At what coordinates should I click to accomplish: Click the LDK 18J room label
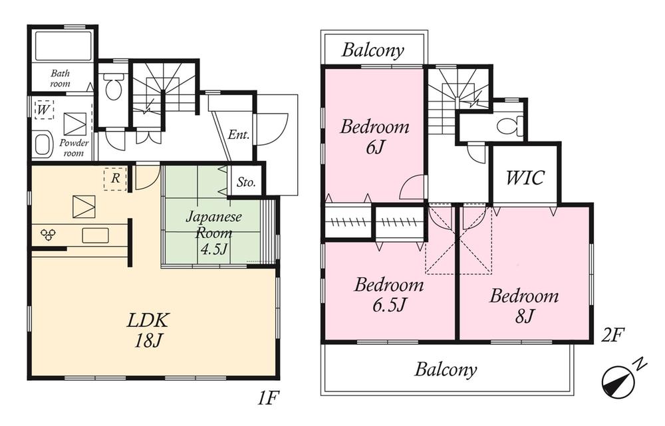pos(149,330)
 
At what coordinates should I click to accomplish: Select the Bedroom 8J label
pos(523,306)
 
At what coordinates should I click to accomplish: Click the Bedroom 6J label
pos(374,136)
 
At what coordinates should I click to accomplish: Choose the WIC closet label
pos(525,178)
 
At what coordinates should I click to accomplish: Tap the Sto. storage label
pos(246,183)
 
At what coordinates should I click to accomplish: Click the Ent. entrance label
pos(239,135)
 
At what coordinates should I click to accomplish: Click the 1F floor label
pos(269,399)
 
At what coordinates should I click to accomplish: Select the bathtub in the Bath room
pos(62,47)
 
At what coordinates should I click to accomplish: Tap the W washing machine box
pos(43,110)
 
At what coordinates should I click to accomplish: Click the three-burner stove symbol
pos(49,234)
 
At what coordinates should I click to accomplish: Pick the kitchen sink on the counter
pos(95,235)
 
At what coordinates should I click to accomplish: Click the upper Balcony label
pos(373,51)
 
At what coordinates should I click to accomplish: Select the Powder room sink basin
pos(43,144)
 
